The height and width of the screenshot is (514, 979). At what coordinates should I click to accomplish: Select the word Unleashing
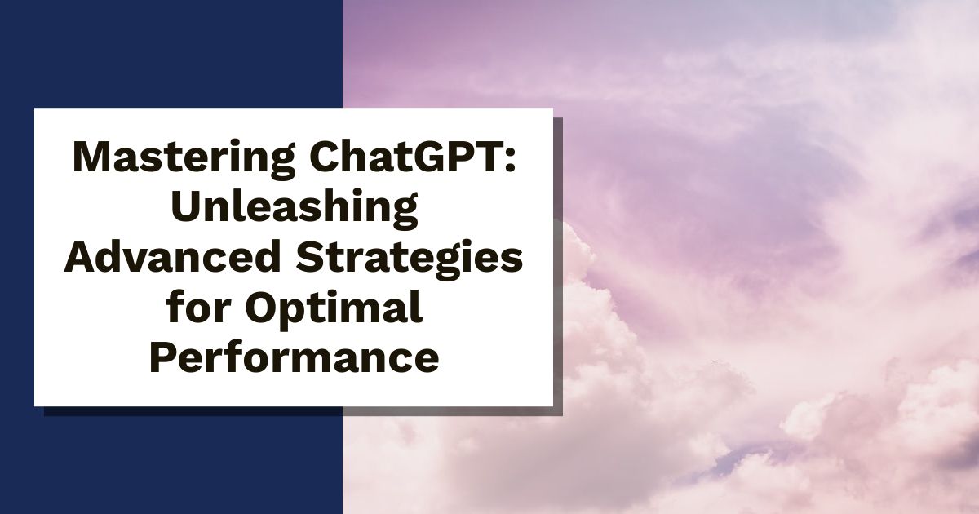tap(293, 208)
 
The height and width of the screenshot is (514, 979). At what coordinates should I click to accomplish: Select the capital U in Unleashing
tap(184, 208)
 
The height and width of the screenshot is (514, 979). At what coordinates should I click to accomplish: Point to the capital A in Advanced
tap(80, 259)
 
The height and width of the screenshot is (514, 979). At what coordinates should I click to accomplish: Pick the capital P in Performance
tap(162, 359)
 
